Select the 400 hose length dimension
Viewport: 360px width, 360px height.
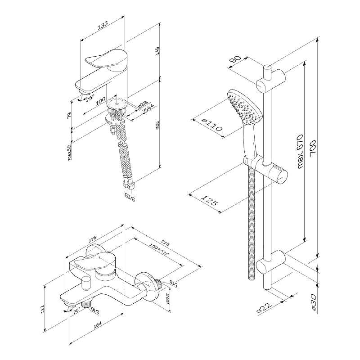point(157,127)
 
